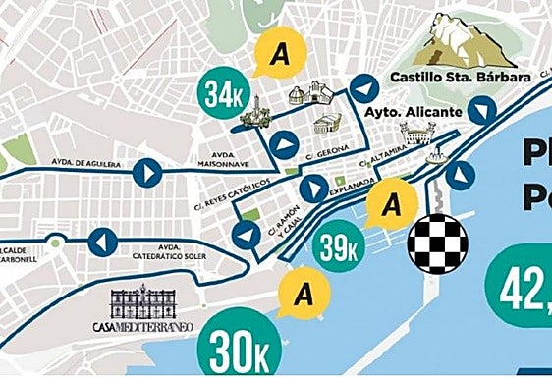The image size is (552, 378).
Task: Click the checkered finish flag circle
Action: tap(437, 239)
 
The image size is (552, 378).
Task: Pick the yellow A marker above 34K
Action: tap(279, 55)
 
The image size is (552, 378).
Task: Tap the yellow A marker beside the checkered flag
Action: tap(391, 206)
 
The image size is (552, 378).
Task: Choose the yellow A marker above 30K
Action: tap(304, 293)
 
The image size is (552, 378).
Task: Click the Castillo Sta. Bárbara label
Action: tap(460, 78)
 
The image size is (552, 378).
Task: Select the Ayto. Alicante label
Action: tap(413, 112)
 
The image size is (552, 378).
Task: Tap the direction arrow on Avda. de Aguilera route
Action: tap(148, 174)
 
